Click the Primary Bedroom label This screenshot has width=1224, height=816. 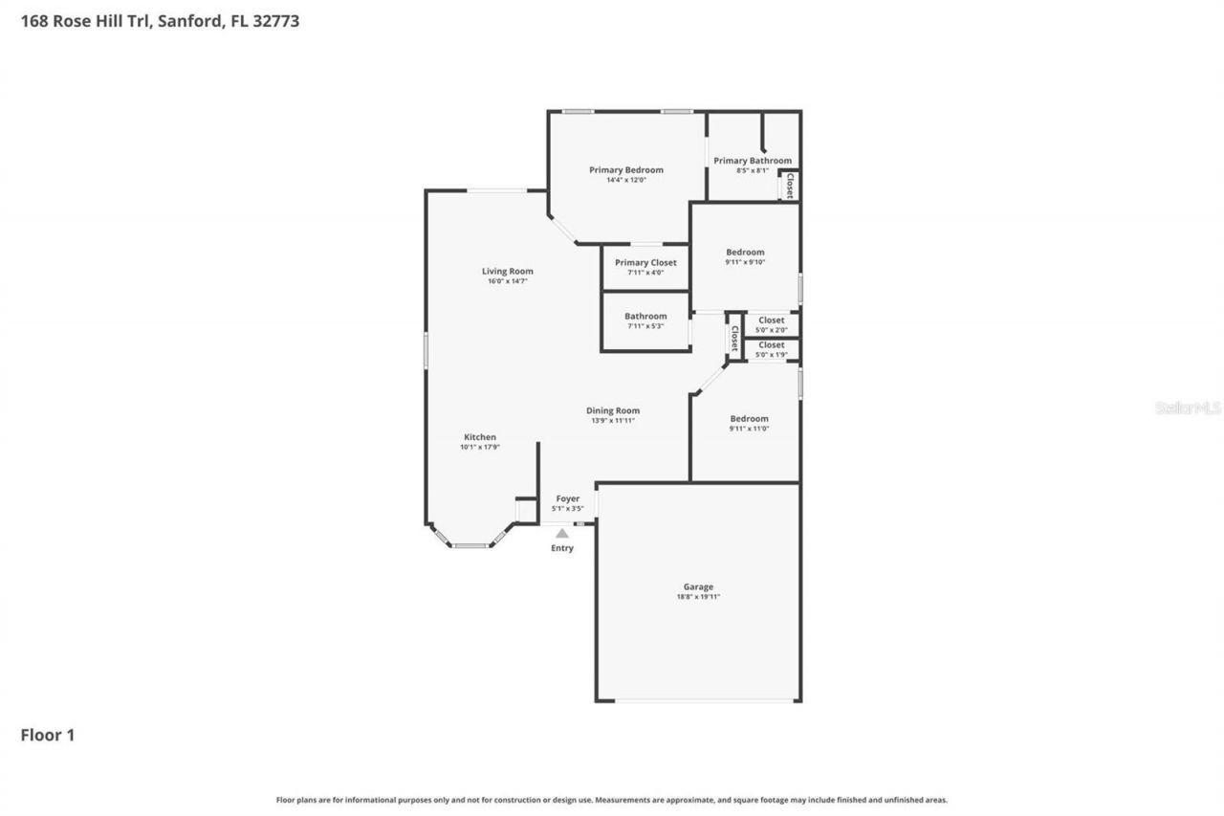pyautogui.click(x=625, y=170)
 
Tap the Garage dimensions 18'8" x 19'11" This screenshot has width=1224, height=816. pyautogui.click(x=698, y=597)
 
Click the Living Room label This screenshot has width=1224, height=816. pyautogui.click(x=507, y=272)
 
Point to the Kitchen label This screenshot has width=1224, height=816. pyautogui.click(x=480, y=437)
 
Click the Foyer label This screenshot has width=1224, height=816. pyautogui.click(x=568, y=499)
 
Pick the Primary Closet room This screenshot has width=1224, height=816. pyautogui.click(x=645, y=267)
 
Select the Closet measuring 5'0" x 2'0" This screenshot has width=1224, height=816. pyautogui.click(x=771, y=324)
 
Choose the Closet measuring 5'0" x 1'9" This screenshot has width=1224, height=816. pyautogui.click(x=771, y=349)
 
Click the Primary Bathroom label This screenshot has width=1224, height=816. pyautogui.click(x=753, y=161)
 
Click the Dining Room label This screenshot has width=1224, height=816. pyautogui.click(x=613, y=411)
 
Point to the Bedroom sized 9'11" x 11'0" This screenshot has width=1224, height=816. pyautogui.click(x=749, y=423)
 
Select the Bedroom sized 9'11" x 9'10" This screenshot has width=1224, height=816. pyautogui.click(x=745, y=256)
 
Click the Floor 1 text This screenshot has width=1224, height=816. pyautogui.click(x=48, y=736)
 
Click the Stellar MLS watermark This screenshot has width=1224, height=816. pyautogui.click(x=1188, y=408)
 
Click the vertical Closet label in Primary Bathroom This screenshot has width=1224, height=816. pyautogui.click(x=790, y=186)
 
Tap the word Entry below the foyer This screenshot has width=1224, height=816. pyautogui.click(x=562, y=548)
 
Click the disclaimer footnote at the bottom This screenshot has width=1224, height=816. pyautogui.click(x=612, y=800)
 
